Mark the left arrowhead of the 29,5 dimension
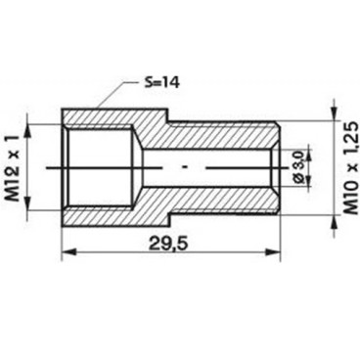[67, 252]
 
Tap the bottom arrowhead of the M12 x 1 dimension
[37, 210]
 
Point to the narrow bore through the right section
[225, 167]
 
